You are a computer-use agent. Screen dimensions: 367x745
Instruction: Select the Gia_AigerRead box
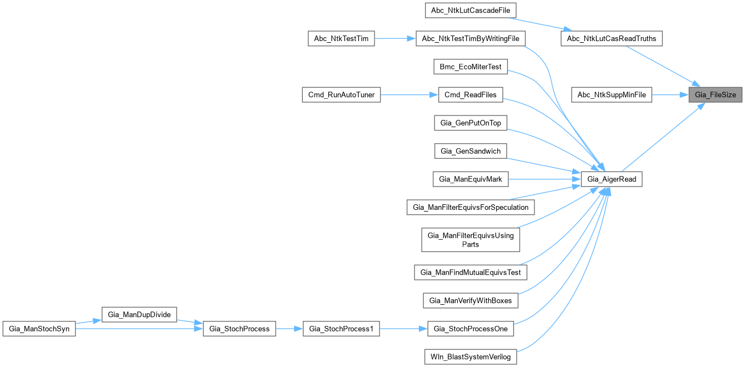(612, 179)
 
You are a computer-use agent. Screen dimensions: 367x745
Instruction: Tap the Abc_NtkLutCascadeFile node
(470, 10)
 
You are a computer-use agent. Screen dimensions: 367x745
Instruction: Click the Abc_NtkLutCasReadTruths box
(612, 39)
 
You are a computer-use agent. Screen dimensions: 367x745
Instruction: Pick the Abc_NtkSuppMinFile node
(612, 95)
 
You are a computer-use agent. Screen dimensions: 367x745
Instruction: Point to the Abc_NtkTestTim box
(341, 39)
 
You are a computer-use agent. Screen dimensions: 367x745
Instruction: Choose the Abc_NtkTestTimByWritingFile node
(470, 39)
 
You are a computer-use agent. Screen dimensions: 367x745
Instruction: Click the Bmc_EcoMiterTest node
(470, 67)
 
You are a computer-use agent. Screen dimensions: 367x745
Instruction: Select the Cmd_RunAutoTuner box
(341, 95)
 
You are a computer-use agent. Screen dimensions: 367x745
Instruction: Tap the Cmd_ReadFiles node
(470, 95)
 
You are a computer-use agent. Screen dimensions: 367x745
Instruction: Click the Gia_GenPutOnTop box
(470, 123)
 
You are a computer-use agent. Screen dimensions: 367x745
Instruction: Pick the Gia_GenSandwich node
(470, 150)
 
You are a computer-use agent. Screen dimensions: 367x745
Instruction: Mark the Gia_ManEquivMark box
(470, 179)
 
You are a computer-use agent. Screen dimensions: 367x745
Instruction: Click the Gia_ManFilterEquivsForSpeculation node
(470, 207)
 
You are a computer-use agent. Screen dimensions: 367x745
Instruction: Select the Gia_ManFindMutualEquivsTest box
(470, 272)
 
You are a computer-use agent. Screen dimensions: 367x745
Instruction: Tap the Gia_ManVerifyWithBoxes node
(470, 300)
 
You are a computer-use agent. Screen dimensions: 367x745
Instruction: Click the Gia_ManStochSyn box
(38, 328)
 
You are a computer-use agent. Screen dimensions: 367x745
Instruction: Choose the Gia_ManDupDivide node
(139, 314)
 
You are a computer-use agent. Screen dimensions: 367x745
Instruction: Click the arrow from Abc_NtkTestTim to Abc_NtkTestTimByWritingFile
(395, 39)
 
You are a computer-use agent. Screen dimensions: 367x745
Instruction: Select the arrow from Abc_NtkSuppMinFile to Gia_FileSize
(669, 95)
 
